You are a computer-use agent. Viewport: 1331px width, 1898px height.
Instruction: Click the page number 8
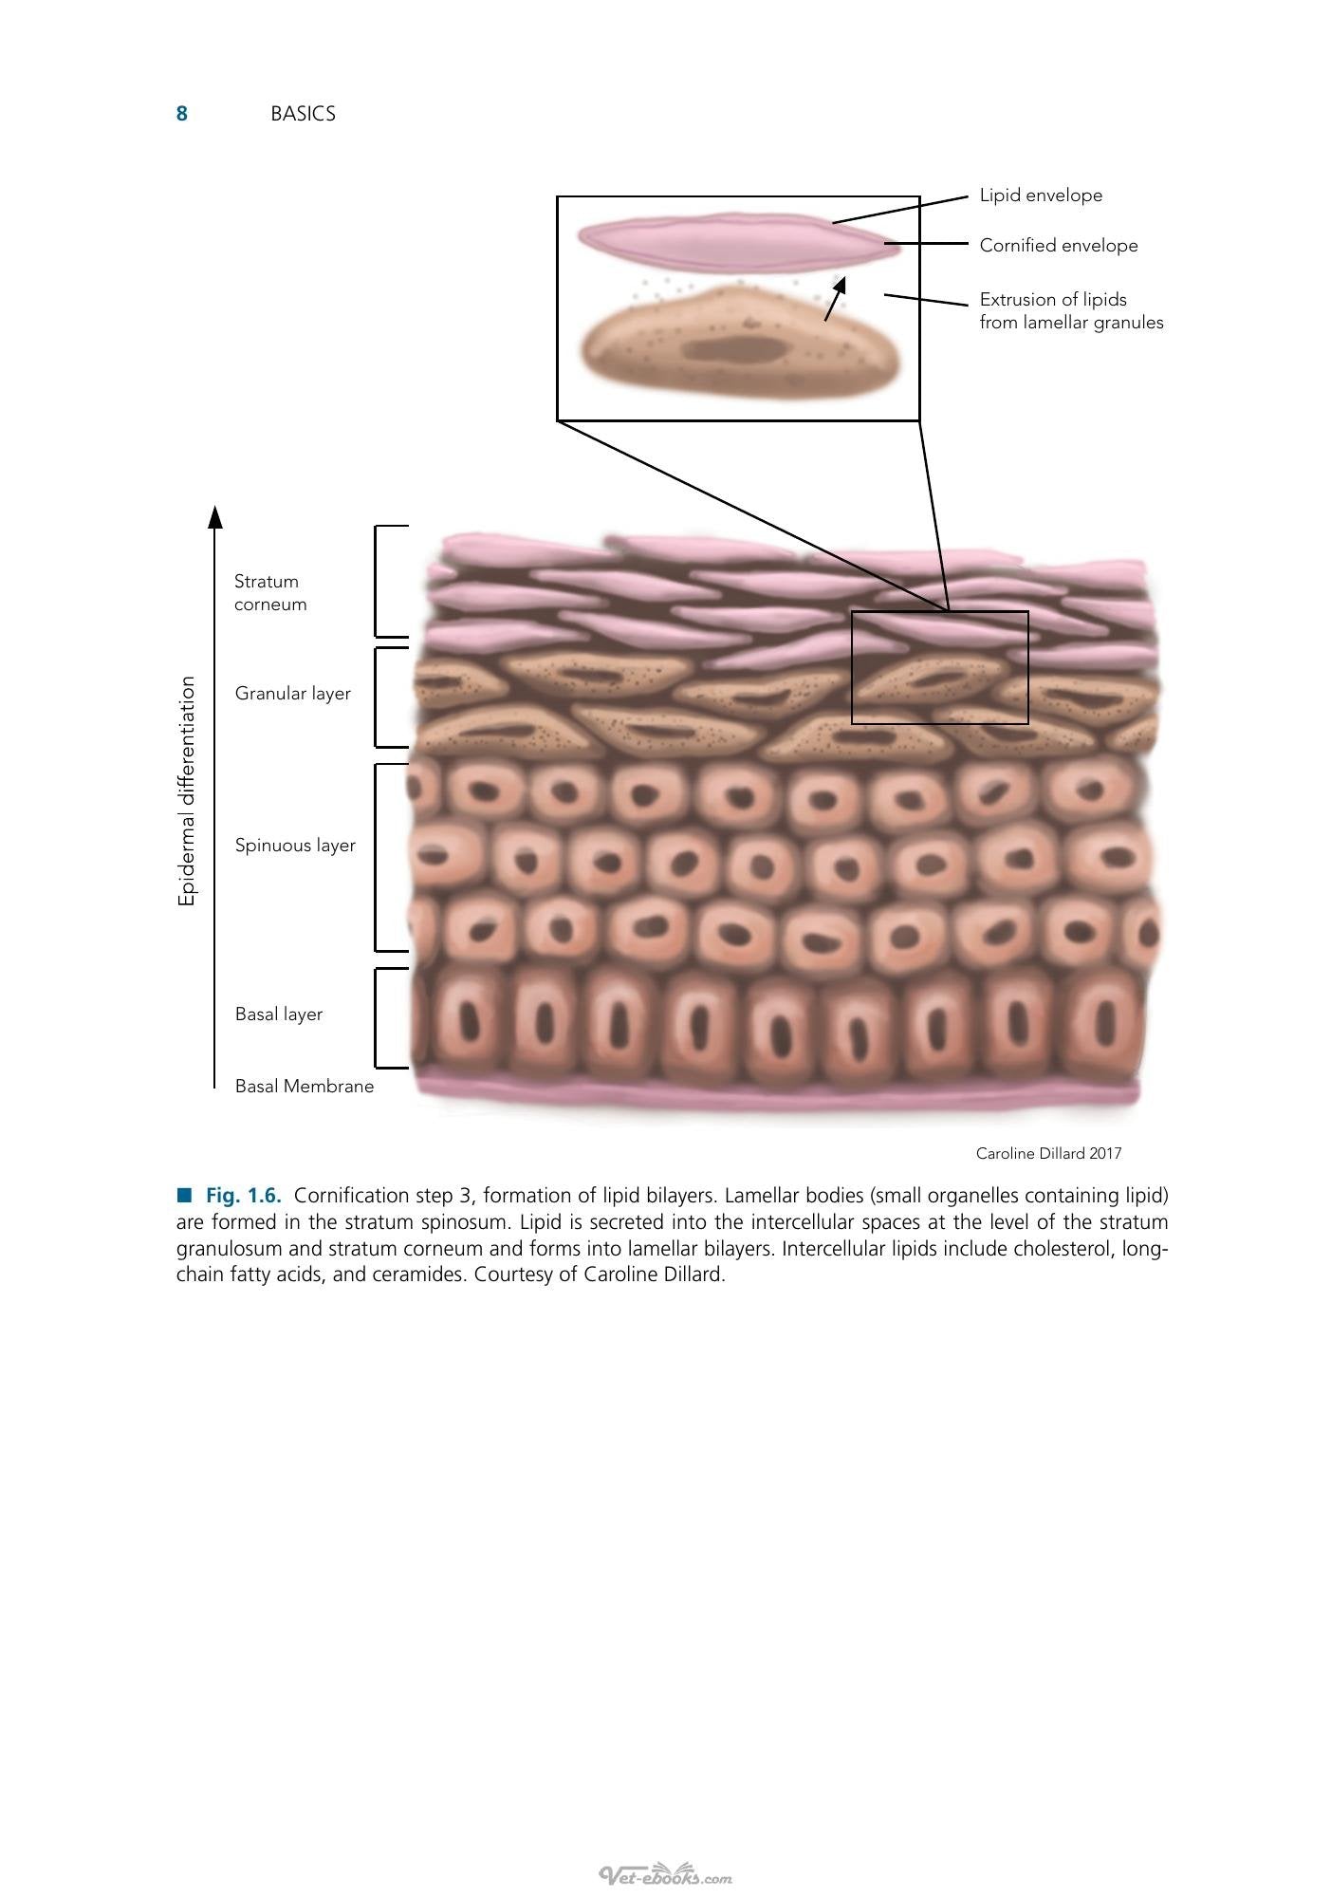(x=181, y=114)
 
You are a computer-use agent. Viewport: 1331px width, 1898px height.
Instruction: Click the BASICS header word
(x=303, y=114)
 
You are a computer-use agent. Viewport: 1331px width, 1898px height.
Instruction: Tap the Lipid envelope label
(x=1041, y=195)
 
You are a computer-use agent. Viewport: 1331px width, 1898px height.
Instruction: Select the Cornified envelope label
(x=1059, y=246)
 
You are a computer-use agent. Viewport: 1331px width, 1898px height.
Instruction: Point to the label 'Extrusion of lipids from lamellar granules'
(x=1071, y=311)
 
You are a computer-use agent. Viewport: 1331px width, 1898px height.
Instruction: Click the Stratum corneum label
(x=270, y=593)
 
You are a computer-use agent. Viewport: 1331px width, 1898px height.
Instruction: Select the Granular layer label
(x=293, y=694)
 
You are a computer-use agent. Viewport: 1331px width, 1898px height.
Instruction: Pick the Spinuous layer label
(x=295, y=846)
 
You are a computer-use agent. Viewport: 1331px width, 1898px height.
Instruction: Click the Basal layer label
(x=279, y=1014)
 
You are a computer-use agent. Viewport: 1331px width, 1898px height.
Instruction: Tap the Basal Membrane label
(x=305, y=1087)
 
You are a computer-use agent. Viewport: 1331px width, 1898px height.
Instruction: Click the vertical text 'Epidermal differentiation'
(x=187, y=791)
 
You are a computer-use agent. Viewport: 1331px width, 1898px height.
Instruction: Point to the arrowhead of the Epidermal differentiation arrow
(x=215, y=516)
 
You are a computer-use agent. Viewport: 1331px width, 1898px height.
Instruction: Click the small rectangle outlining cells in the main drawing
(x=852, y=667)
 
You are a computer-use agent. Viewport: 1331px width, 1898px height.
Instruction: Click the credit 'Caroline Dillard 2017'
(x=1049, y=1154)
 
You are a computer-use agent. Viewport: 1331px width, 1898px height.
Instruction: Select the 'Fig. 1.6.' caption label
(x=244, y=1196)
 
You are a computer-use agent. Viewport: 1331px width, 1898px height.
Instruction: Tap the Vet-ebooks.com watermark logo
(x=665, y=1875)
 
